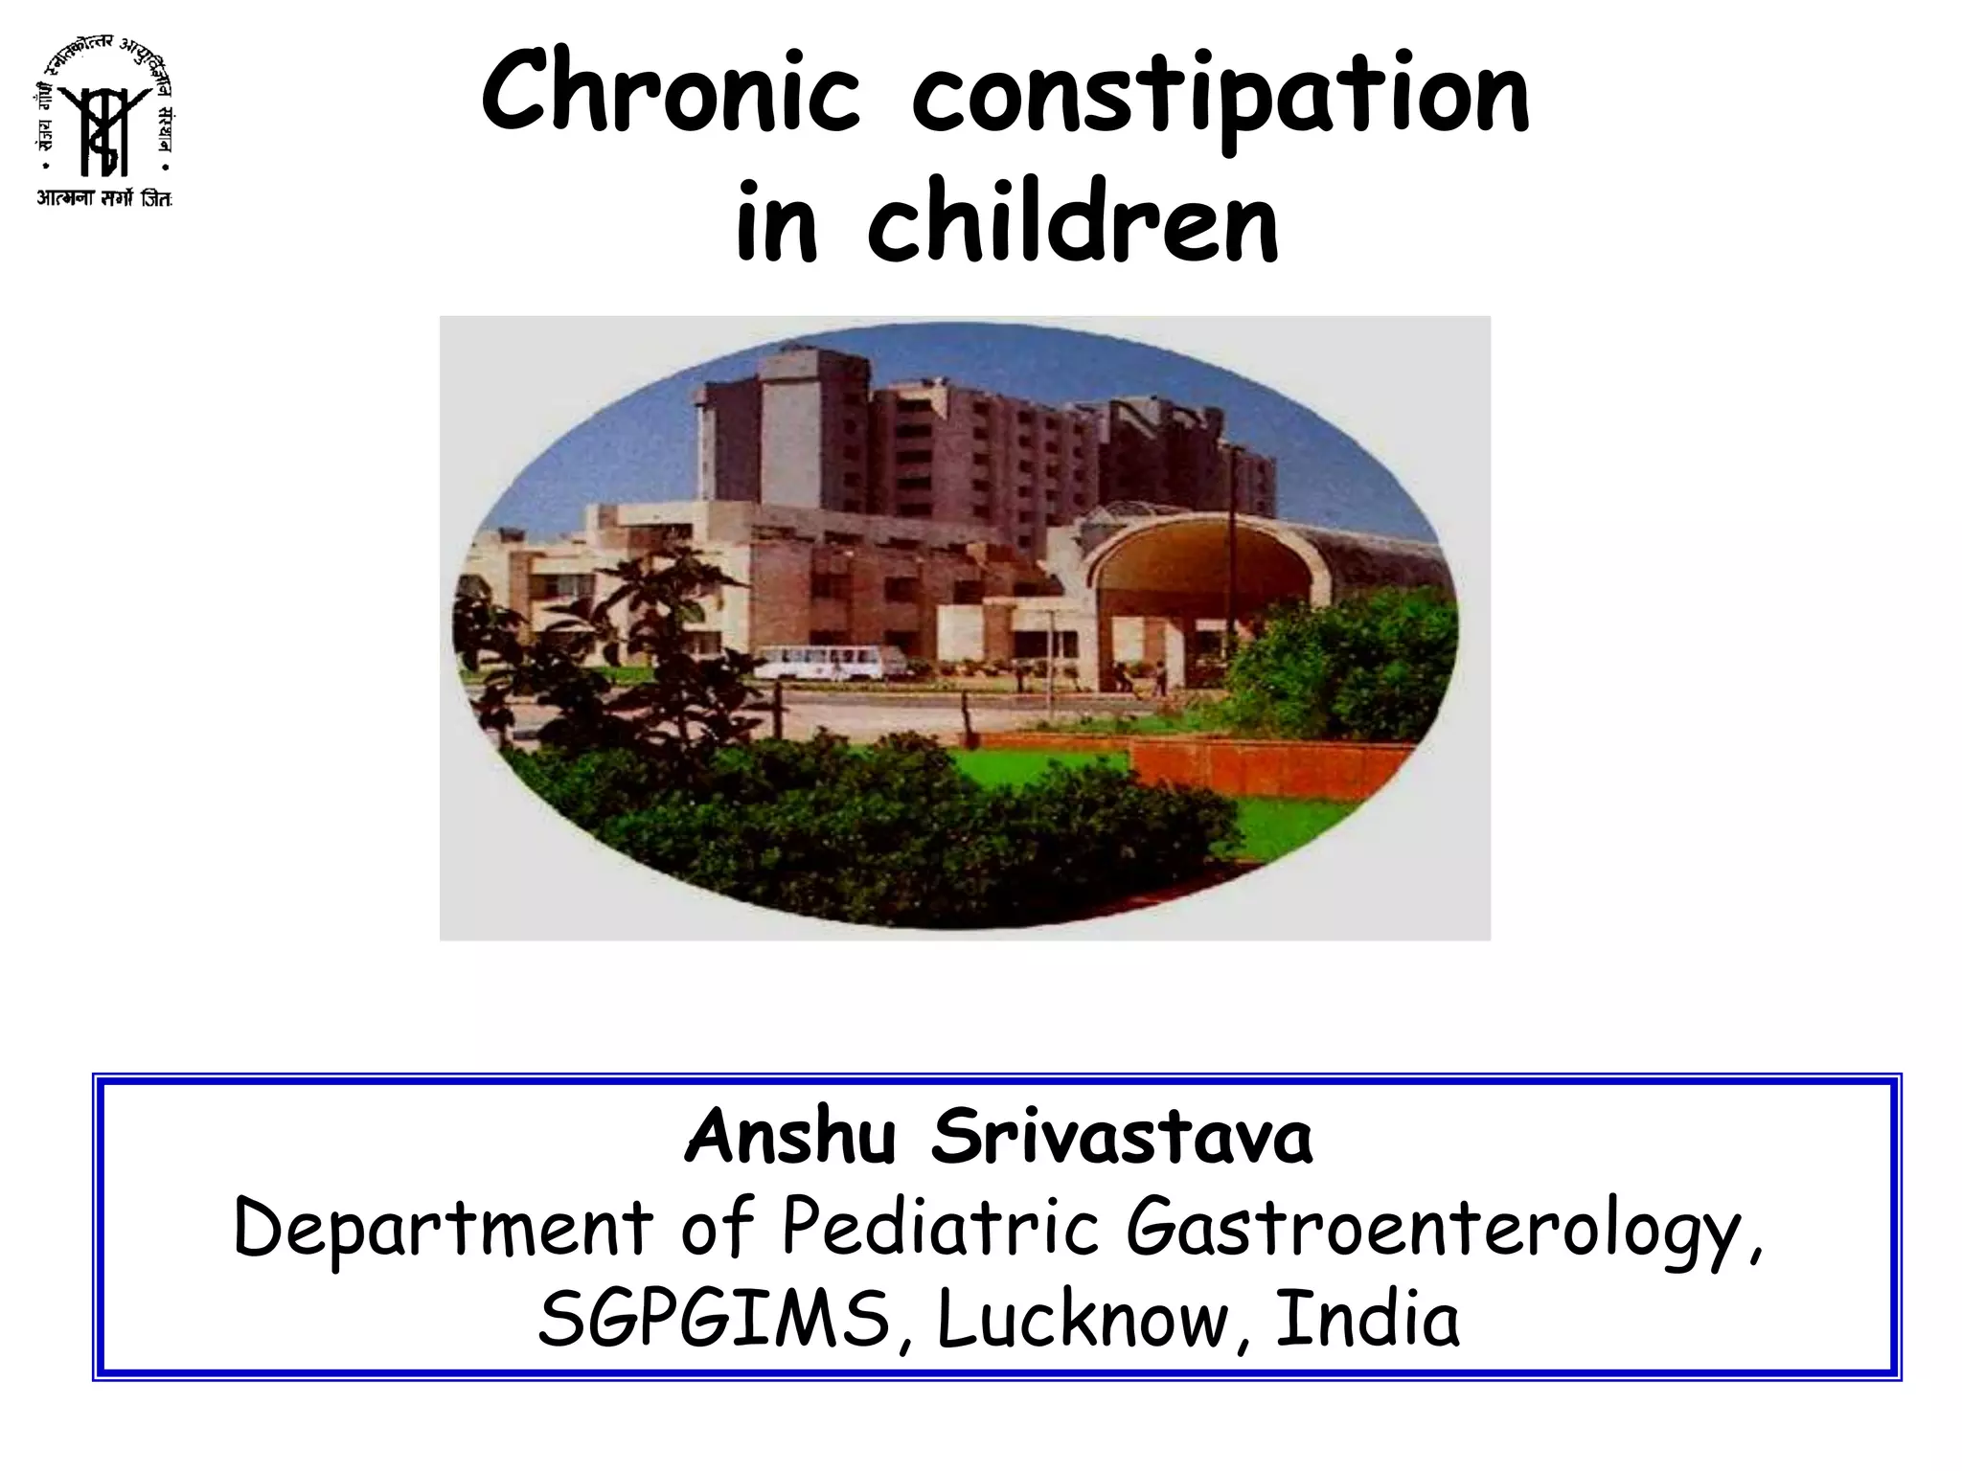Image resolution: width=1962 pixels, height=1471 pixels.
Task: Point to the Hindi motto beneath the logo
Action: point(103,199)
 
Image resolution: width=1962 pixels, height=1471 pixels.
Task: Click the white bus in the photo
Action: point(830,662)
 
